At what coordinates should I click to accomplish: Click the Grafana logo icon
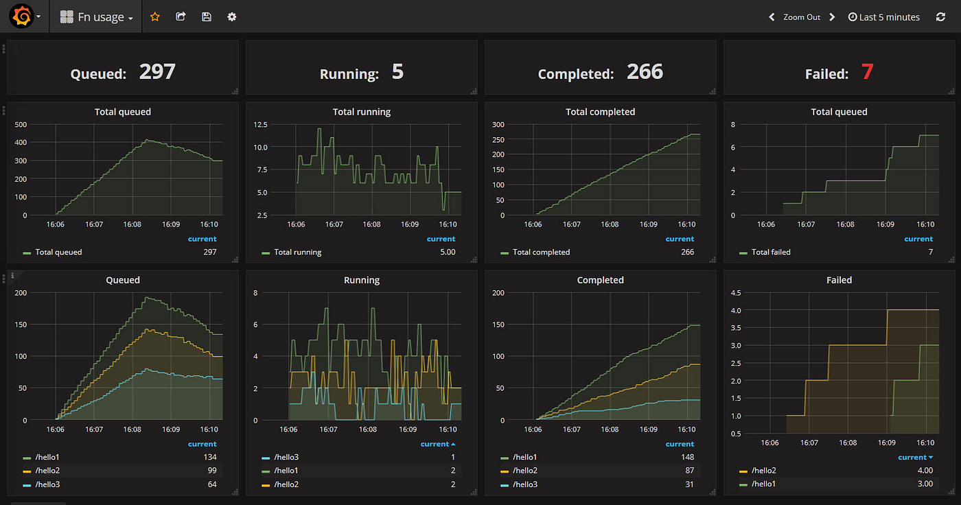pyautogui.click(x=21, y=16)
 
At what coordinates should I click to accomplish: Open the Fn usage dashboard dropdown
pyautogui.click(x=97, y=17)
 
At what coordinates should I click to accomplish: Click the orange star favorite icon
pyautogui.click(x=154, y=16)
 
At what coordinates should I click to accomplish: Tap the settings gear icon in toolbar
pyautogui.click(x=232, y=16)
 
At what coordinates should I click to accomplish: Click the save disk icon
pyautogui.click(x=207, y=16)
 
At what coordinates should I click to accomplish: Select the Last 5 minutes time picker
pyautogui.click(x=884, y=17)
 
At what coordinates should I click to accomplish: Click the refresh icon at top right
pyautogui.click(x=940, y=17)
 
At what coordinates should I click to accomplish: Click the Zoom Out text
pyautogui.click(x=802, y=17)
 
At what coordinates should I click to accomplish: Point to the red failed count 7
pyautogui.click(x=867, y=71)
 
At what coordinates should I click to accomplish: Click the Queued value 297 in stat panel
pyautogui.click(x=157, y=71)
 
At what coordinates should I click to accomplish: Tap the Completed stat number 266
pyautogui.click(x=645, y=71)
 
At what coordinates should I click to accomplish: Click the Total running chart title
pyautogui.click(x=361, y=112)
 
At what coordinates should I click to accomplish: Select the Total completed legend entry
pyautogui.click(x=541, y=252)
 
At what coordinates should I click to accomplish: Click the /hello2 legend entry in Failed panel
pyautogui.click(x=763, y=471)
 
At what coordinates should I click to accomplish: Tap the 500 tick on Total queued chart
pyautogui.click(x=20, y=124)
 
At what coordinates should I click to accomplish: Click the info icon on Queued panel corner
pyautogui.click(x=12, y=275)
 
